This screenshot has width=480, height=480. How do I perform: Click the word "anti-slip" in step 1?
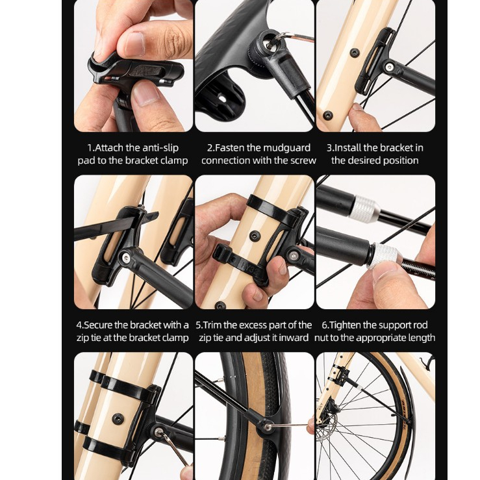(160, 148)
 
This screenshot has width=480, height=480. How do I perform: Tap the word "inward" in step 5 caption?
(295, 338)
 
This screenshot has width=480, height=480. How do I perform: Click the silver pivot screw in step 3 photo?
(389, 66)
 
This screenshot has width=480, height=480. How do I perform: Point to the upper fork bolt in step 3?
(354, 53)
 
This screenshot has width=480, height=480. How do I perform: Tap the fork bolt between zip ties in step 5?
(255, 235)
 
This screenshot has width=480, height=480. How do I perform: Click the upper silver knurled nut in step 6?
(364, 207)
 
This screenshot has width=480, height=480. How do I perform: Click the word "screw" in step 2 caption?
(303, 160)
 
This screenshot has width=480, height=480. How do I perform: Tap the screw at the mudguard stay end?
(267, 427)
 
